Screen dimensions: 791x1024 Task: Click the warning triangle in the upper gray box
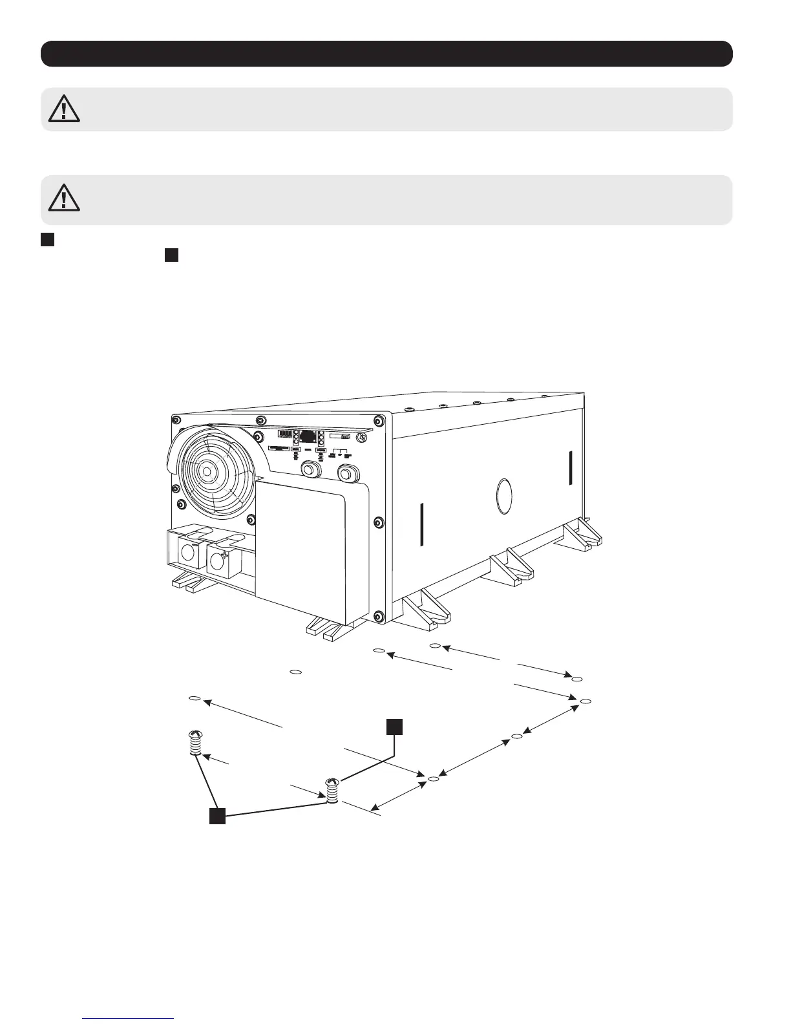(63, 109)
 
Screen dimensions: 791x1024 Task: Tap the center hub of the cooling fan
(207, 471)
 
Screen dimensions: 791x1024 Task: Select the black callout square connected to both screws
(217, 815)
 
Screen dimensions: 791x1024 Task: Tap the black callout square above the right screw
(395, 726)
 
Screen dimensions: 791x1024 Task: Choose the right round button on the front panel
(348, 473)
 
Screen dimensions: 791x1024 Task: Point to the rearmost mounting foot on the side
(584, 534)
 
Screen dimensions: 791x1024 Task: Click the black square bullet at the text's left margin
(47, 240)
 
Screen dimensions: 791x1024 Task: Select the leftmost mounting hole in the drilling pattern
(193, 699)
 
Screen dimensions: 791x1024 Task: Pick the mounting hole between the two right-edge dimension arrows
(516, 736)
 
